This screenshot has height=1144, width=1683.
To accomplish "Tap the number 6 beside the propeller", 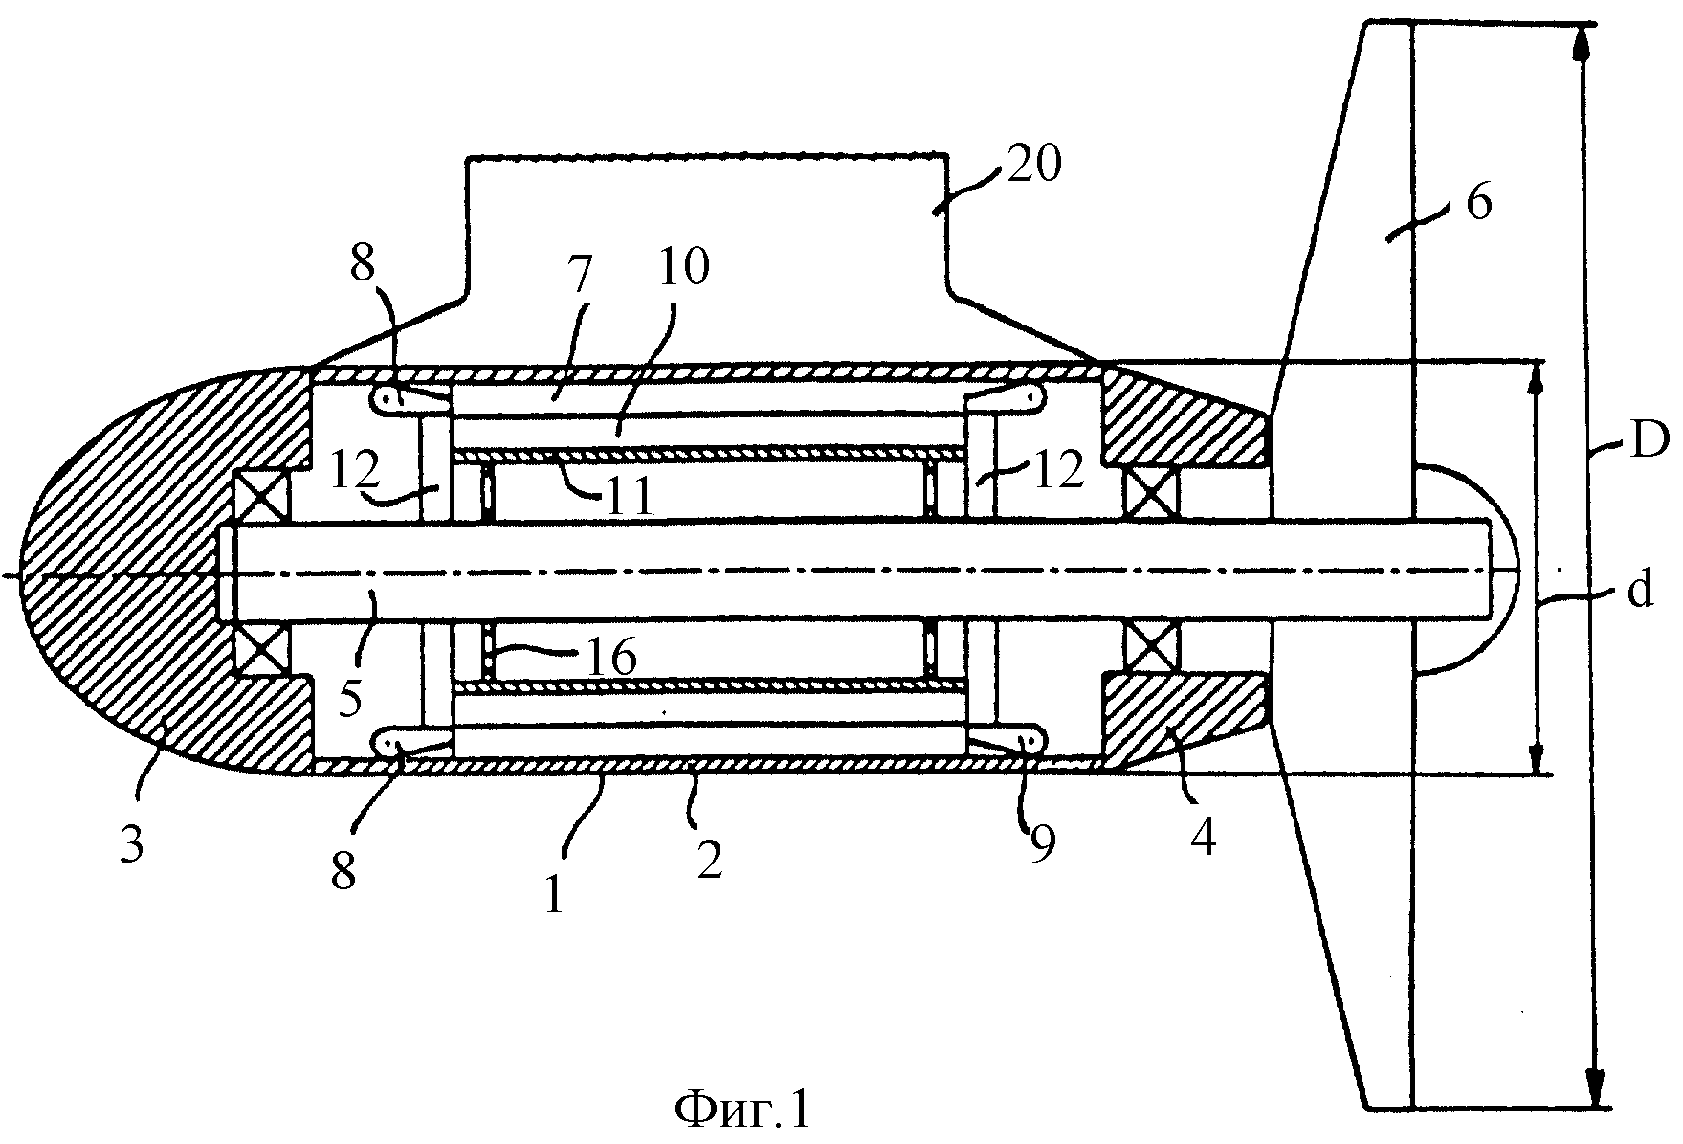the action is pyautogui.click(x=1478, y=202).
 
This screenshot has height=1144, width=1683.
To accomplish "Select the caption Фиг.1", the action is pyautogui.click(x=742, y=1110).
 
